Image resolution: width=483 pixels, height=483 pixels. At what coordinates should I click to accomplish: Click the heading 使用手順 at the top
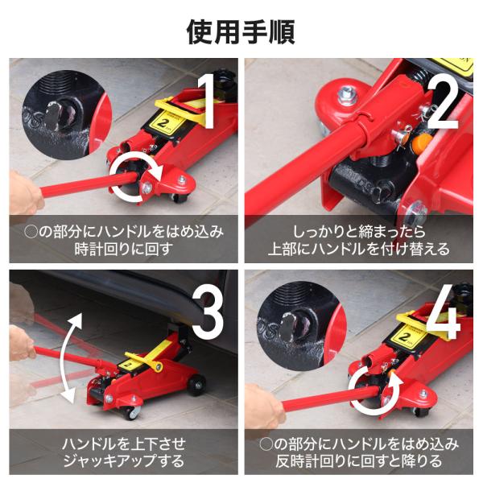[x=241, y=32]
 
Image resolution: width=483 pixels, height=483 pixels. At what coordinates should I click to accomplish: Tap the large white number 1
[x=207, y=101]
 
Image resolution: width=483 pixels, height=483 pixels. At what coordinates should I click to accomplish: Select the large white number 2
[x=444, y=101]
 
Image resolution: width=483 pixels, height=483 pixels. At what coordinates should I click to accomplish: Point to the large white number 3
[x=208, y=311]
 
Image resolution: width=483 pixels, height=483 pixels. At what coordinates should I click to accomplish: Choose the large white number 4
[x=444, y=311]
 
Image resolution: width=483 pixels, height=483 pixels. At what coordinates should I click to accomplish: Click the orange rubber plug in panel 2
[x=422, y=142]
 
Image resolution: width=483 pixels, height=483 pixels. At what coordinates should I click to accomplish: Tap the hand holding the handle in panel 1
[x=24, y=193]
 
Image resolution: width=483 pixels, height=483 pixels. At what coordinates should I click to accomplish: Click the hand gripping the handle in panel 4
[x=264, y=407]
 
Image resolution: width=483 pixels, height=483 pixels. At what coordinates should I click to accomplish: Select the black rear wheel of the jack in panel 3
[x=196, y=385]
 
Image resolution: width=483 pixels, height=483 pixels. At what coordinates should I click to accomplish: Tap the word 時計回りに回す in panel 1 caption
[x=123, y=249]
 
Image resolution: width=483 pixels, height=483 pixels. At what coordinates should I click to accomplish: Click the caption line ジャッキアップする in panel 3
[x=123, y=460]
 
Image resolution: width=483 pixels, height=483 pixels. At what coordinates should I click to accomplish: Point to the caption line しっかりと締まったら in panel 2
[x=359, y=232]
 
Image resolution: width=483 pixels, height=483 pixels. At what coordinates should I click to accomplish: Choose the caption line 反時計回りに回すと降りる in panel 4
[x=359, y=460]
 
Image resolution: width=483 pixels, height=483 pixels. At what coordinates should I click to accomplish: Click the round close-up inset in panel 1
[x=66, y=114]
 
